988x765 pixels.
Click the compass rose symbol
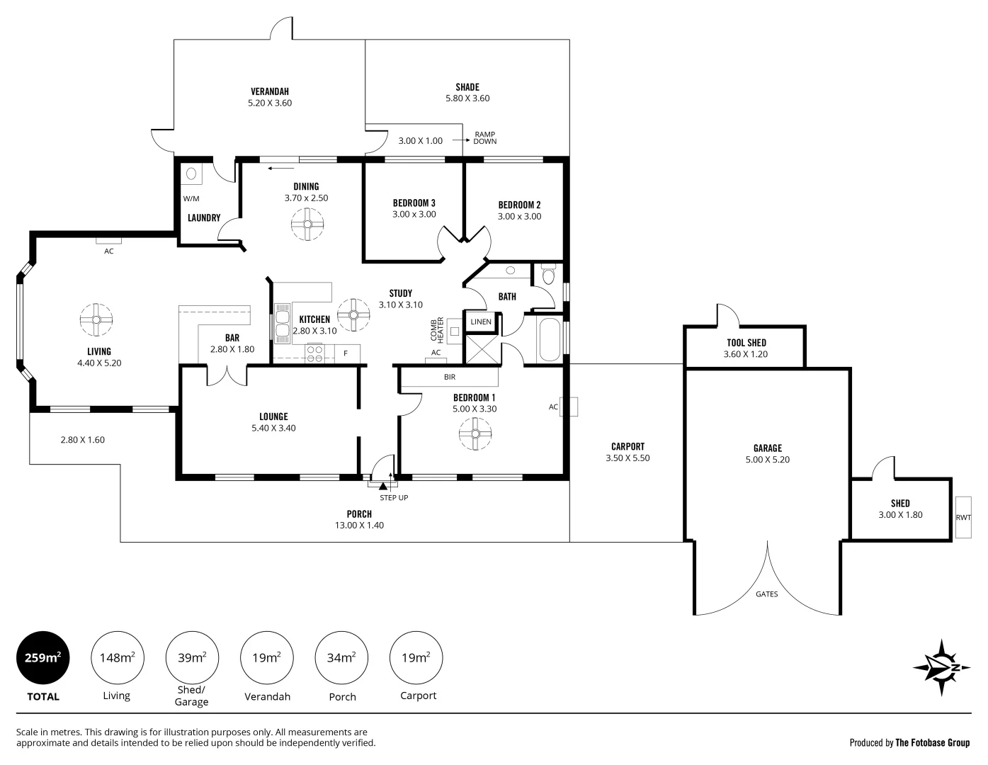pyautogui.click(x=941, y=668)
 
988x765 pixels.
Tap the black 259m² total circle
pyautogui.click(x=42, y=657)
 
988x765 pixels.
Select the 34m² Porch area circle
pyautogui.click(x=341, y=657)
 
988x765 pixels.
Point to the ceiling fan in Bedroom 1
pyautogui.click(x=475, y=434)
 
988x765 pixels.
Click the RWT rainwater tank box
pyautogui.click(x=963, y=517)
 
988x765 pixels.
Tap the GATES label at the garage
pyautogui.click(x=766, y=594)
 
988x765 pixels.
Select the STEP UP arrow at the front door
pyautogui.click(x=383, y=486)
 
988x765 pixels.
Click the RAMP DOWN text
pyautogui.click(x=485, y=137)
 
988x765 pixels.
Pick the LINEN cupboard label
pyautogui.click(x=480, y=322)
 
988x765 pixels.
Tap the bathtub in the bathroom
pyautogui.click(x=550, y=340)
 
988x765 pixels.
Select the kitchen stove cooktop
pyautogui.click(x=314, y=353)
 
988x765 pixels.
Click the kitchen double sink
pyautogui.click(x=282, y=322)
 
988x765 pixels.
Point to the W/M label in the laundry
pyautogui.click(x=191, y=198)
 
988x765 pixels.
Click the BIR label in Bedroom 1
pyautogui.click(x=450, y=378)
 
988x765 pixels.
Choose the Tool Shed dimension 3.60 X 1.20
pyautogui.click(x=746, y=354)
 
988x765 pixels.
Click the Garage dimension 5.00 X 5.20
pyautogui.click(x=767, y=460)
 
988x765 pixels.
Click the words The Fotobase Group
pyautogui.click(x=932, y=743)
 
